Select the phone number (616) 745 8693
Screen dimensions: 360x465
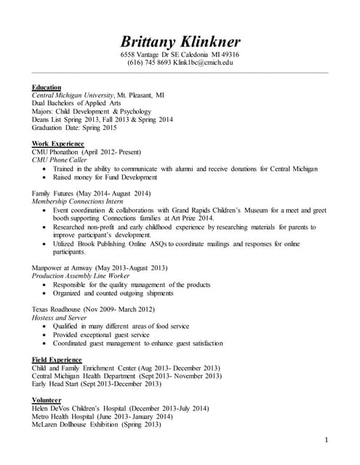pyautogui.click(x=149, y=63)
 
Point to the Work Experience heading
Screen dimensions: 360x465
pyautogui.click(x=58, y=143)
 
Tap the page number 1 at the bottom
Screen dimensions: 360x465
pyautogui.click(x=327, y=440)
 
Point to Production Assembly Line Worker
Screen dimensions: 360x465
pyautogui.click(x=81, y=276)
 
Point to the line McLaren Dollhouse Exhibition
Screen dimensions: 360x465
pyautogui.click(x=96, y=424)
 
